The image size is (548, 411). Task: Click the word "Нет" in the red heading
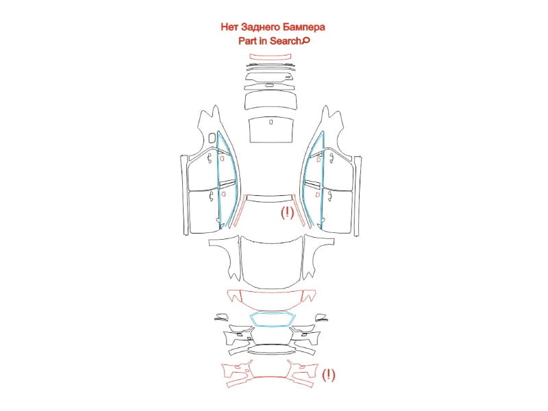click(229, 27)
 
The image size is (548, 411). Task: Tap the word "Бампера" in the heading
click(304, 27)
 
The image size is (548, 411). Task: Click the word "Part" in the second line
click(247, 41)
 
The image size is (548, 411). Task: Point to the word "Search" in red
click(285, 41)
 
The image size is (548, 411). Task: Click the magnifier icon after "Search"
click(306, 41)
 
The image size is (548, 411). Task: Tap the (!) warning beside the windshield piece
click(287, 212)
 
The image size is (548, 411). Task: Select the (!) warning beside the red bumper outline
click(328, 375)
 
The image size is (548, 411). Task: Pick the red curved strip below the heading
click(270, 57)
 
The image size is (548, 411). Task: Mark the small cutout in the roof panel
click(271, 122)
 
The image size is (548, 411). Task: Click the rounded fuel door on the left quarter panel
click(212, 138)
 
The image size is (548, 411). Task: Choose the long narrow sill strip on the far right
click(358, 197)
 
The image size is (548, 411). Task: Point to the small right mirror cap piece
click(321, 318)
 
